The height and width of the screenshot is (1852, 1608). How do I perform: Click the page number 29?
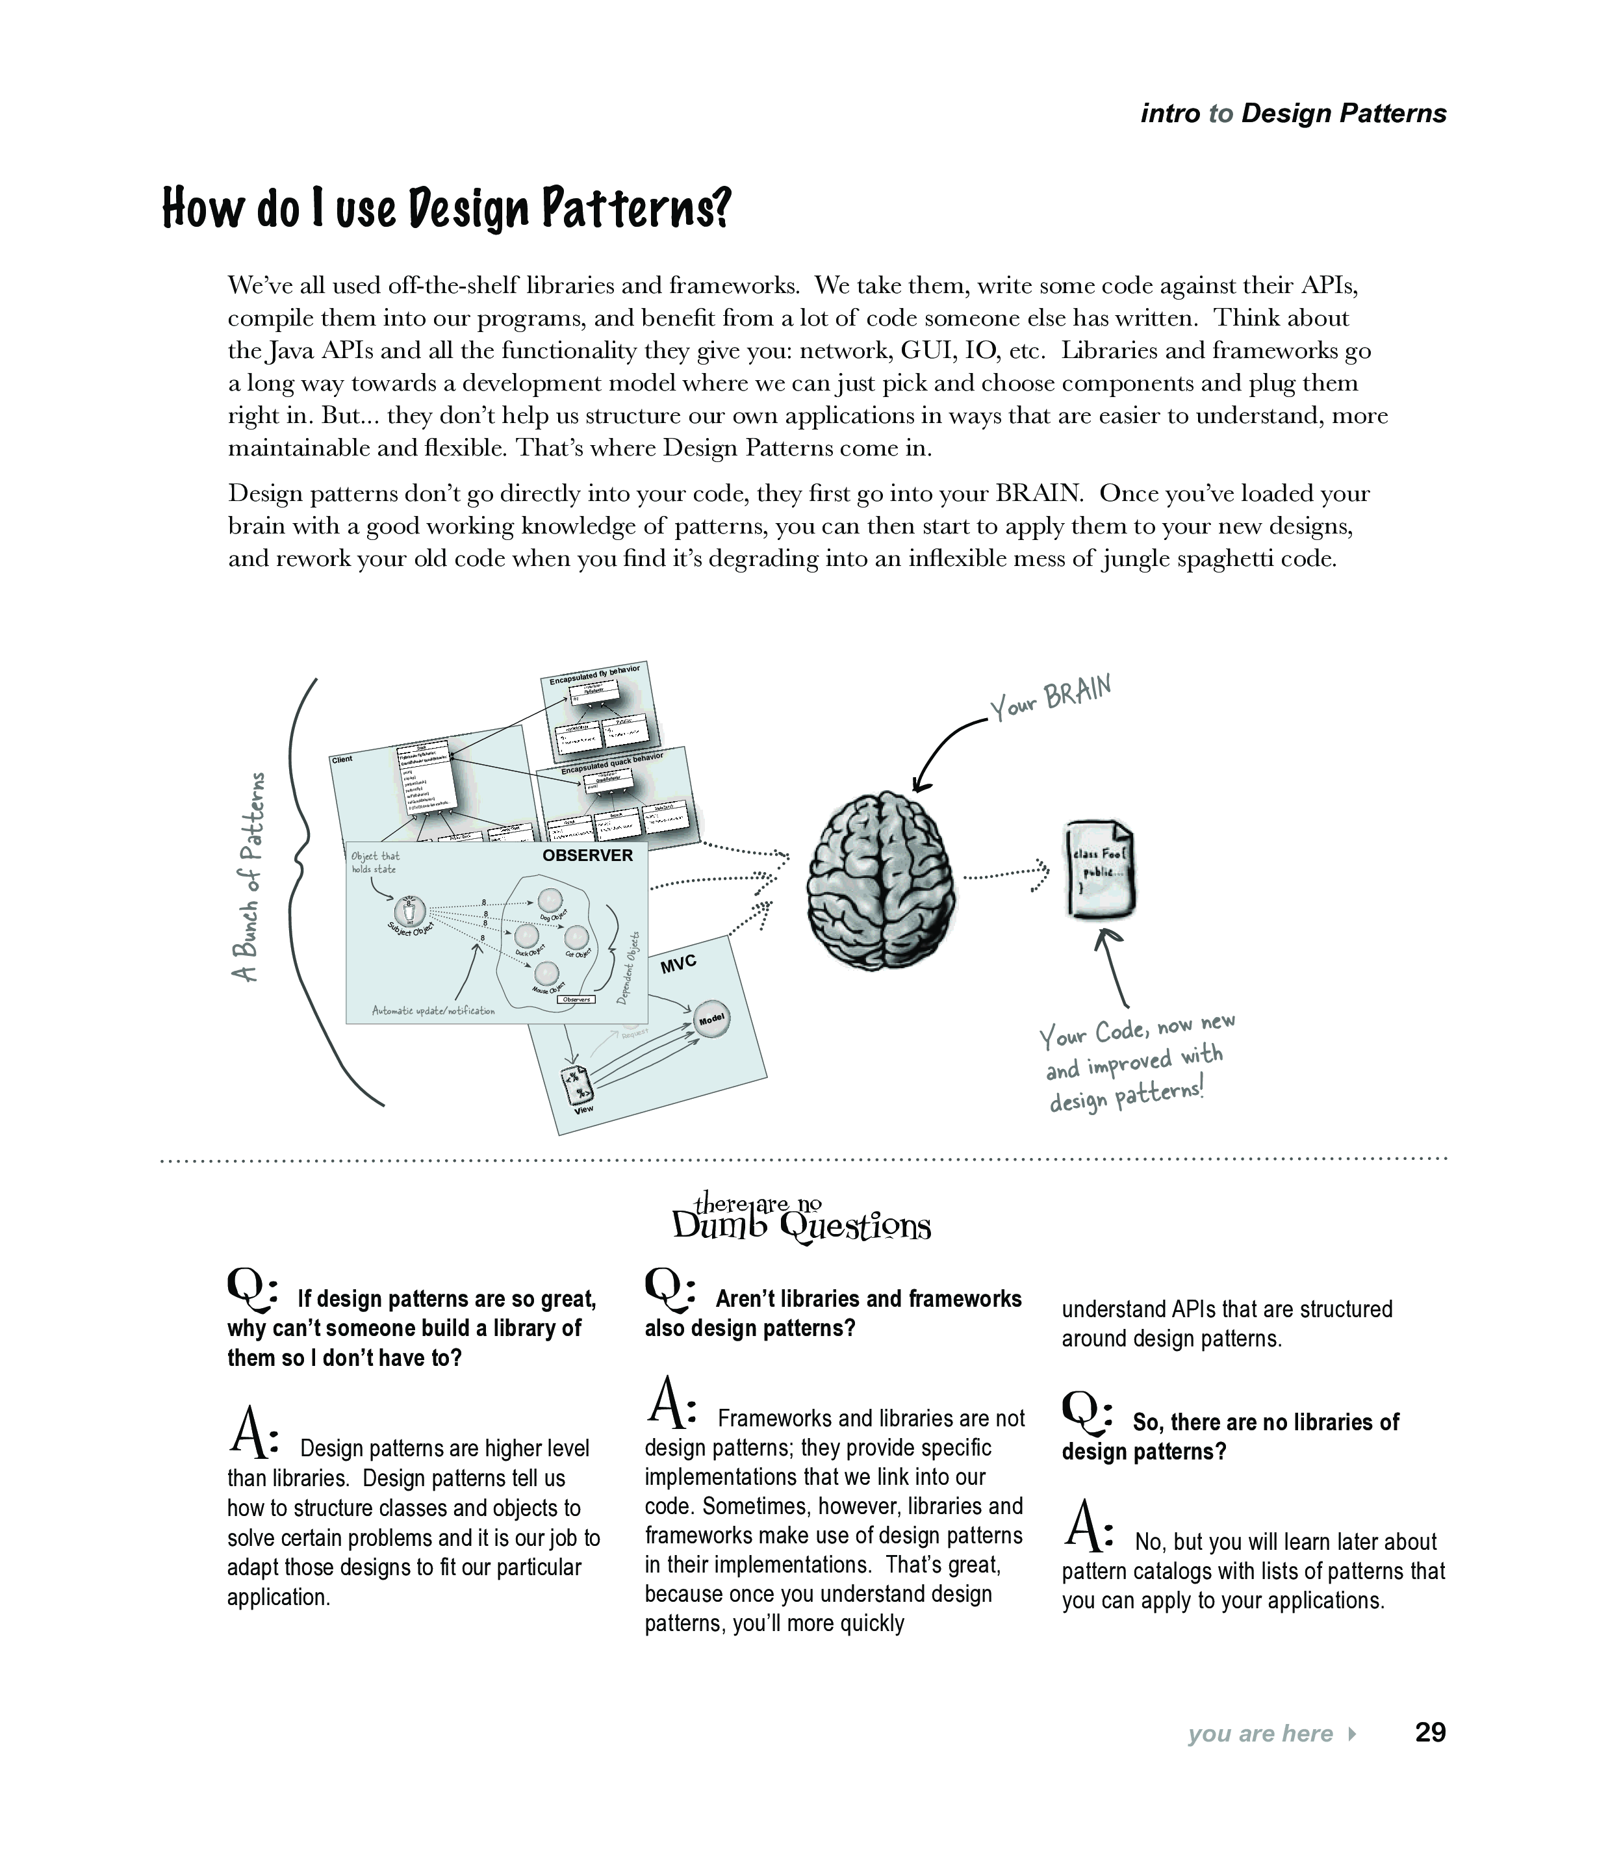pyautogui.click(x=1429, y=1732)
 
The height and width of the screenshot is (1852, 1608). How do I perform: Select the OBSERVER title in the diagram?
pyautogui.click(x=588, y=855)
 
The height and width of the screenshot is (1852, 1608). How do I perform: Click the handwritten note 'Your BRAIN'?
pyautogui.click(x=1051, y=698)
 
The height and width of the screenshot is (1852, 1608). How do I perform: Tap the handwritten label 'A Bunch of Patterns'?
pyautogui.click(x=249, y=877)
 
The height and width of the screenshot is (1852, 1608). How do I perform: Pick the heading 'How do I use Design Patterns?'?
pyautogui.click(x=447, y=208)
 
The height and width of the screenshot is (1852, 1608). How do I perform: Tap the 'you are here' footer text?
pyautogui.click(x=1260, y=1734)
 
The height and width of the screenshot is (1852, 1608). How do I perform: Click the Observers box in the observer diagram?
pyautogui.click(x=576, y=999)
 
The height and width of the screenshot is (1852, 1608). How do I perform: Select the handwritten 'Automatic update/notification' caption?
pyautogui.click(x=433, y=1010)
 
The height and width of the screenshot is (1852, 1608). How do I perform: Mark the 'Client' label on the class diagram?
pyautogui.click(x=342, y=759)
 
